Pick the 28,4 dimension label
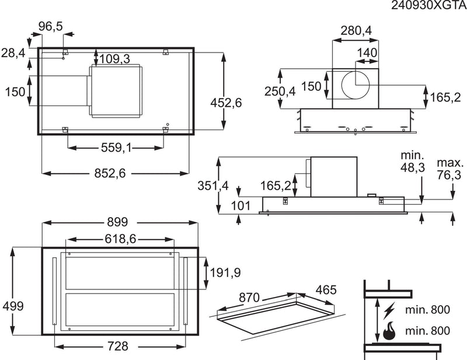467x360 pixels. tap(13, 53)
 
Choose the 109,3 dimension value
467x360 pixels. tap(114, 59)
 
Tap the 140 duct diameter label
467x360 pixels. tap(366, 53)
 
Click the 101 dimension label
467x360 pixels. tap(240, 205)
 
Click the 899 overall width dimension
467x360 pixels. tap(118, 223)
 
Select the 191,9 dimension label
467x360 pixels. tap(224, 272)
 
